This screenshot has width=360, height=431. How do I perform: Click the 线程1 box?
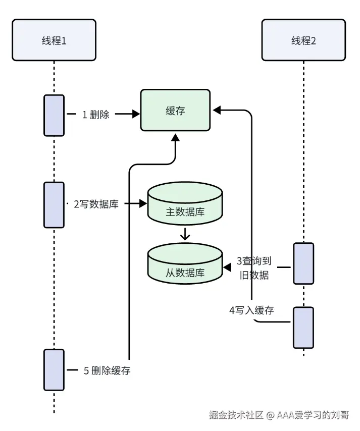point(54,40)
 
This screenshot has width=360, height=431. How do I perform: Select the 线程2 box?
point(303,40)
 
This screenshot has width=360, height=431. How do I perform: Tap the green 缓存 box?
point(175,111)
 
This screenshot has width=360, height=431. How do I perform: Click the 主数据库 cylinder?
point(185,204)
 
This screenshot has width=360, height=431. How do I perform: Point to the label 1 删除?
point(96,115)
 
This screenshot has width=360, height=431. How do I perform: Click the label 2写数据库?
point(96,204)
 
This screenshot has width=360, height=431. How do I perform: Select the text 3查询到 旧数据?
point(254,268)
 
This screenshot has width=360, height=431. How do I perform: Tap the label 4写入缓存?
point(251,310)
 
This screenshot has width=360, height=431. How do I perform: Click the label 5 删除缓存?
point(107,370)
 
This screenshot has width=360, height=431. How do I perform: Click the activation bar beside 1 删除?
point(54,115)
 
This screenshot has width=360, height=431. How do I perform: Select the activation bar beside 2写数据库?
point(54,205)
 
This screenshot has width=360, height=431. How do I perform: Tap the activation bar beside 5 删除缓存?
point(54,369)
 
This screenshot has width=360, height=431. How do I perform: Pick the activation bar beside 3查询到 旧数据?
point(303,263)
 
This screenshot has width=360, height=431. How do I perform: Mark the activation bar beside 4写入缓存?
point(303,328)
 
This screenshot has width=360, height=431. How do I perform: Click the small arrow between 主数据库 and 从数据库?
point(185,234)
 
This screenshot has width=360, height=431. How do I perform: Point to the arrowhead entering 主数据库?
point(142,204)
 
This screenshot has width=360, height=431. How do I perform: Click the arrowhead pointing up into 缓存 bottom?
point(175,138)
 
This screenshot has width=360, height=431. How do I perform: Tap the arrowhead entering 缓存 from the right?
point(217,109)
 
